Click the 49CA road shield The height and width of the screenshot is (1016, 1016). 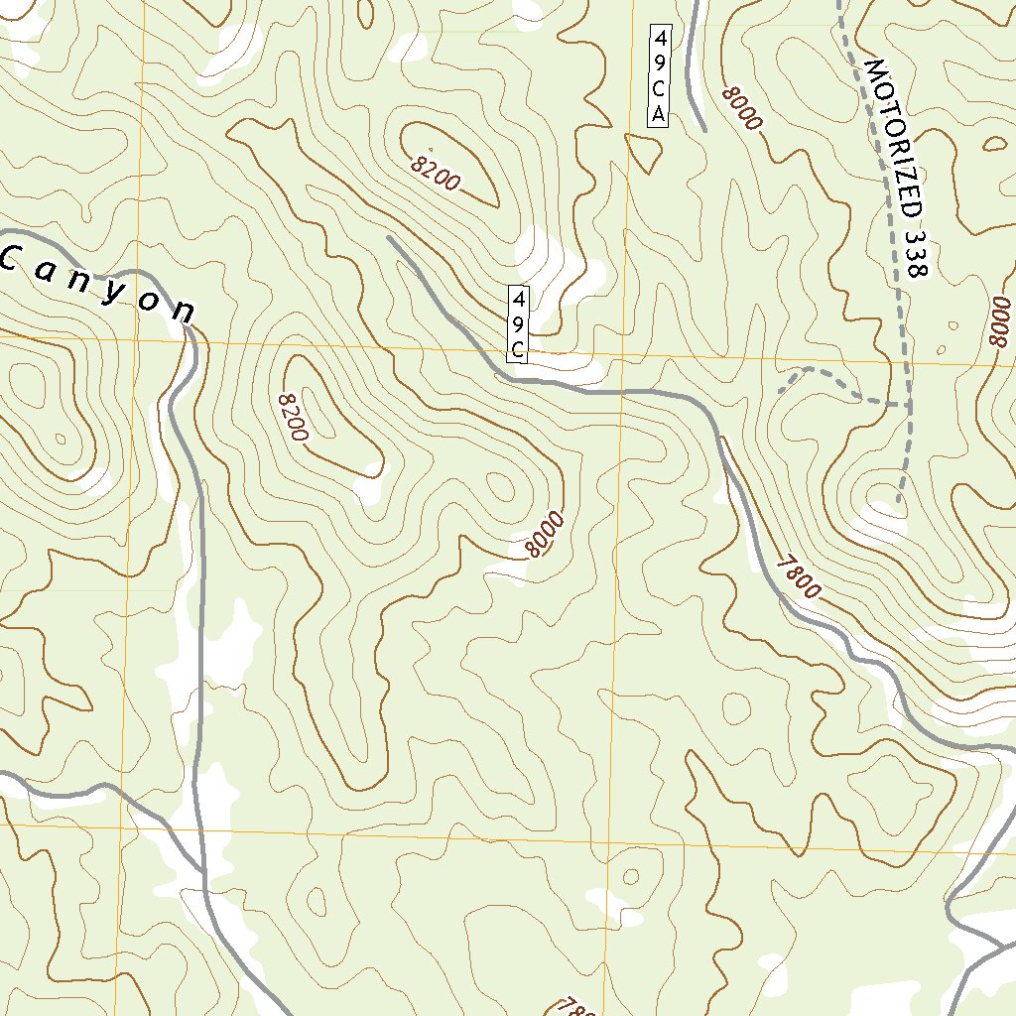pos(659,75)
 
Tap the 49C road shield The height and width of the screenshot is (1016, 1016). pos(518,324)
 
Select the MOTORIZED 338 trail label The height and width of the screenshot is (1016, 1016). pos(897,169)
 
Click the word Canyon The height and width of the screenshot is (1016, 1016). pos(99,286)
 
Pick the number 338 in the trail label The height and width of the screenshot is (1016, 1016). pos(917,252)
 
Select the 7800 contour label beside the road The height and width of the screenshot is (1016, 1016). pos(799,576)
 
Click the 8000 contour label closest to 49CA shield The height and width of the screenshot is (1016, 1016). pos(742,109)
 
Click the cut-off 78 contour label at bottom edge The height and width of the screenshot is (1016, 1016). pos(575,1006)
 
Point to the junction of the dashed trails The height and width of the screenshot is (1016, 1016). pos(908,405)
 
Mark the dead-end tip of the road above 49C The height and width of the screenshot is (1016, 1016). pos(388,238)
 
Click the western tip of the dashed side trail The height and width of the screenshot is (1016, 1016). pos(780,392)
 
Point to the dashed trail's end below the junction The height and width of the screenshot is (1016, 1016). pos(897,502)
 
